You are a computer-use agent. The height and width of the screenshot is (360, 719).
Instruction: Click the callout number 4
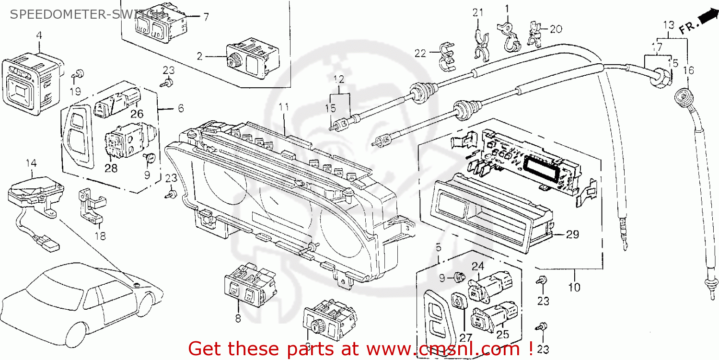coord(39,35)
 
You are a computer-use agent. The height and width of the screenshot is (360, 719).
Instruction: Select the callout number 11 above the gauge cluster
coord(284,107)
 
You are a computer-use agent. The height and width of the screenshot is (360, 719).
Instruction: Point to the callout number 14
coord(31,163)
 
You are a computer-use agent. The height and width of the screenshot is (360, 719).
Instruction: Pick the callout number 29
coord(572,234)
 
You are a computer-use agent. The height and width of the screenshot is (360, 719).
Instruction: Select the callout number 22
coord(420,54)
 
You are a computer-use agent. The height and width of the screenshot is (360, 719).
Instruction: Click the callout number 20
coord(556,29)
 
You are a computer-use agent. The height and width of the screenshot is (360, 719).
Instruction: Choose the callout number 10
coord(574,287)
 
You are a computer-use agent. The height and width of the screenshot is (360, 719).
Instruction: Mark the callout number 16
coord(688,71)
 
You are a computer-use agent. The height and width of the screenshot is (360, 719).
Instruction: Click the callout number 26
coord(137,114)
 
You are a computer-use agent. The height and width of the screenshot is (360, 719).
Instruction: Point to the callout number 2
coord(199,56)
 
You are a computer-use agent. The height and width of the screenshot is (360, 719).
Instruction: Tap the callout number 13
coord(669,24)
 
